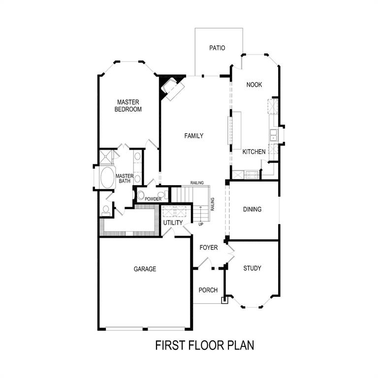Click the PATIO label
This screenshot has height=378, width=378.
(x=217, y=48)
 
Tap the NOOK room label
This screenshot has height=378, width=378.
(x=254, y=85)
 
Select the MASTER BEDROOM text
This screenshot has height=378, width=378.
(x=128, y=106)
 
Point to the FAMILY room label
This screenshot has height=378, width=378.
(x=193, y=136)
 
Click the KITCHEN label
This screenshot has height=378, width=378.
(x=254, y=152)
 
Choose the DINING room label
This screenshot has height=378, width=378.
(x=252, y=209)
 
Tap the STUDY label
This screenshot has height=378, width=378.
(x=252, y=268)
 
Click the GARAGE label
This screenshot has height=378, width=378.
(x=145, y=269)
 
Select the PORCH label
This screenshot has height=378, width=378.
(x=208, y=290)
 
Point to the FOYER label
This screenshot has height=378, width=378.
(x=208, y=248)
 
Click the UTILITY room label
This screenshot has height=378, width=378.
(x=173, y=223)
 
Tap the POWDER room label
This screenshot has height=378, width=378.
(x=153, y=199)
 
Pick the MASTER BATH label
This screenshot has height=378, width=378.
(x=125, y=179)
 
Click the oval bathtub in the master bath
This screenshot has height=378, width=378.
(x=106, y=178)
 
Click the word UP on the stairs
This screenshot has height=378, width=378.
(x=200, y=224)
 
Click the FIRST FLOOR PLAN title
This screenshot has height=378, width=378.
(x=204, y=345)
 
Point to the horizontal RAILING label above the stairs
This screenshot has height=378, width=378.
(x=197, y=183)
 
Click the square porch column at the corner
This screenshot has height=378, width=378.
(x=224, y=299)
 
